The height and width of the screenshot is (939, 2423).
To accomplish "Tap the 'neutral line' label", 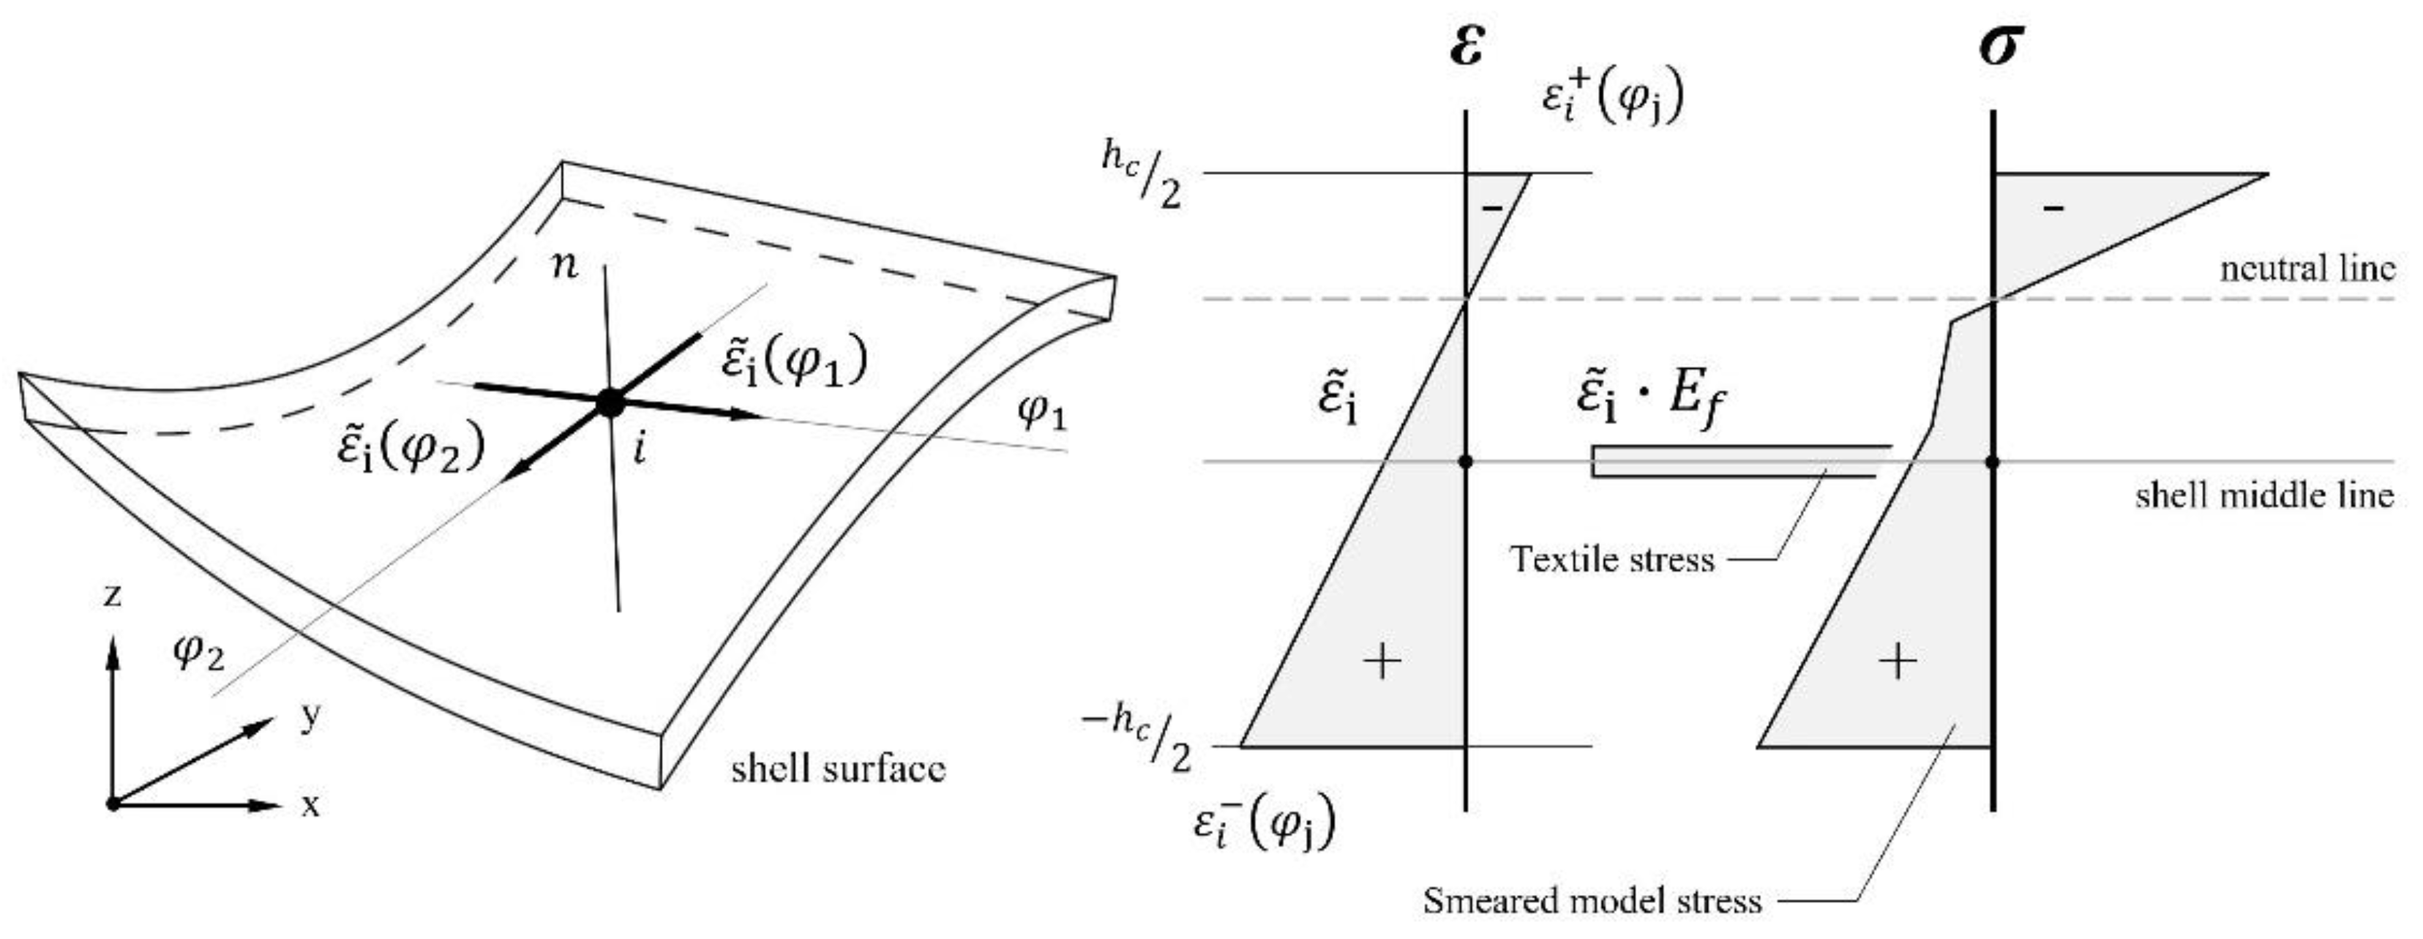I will [x=2307, y=270].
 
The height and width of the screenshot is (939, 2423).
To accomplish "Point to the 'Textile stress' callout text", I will [x=1612, y=560].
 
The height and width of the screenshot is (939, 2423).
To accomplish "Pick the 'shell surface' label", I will [x=838, y=770].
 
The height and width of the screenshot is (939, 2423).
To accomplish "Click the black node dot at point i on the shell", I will [x=610, y=403].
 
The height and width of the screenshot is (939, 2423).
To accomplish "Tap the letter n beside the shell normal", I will [x=565, y=267].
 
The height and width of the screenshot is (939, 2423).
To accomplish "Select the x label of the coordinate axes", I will [x=310, y=805].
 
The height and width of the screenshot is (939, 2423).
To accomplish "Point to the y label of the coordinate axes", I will [x=310, y=717].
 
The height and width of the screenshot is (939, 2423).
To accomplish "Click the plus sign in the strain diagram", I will [x=1382, y=662].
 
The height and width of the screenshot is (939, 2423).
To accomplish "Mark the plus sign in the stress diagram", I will [x=1898, y=662].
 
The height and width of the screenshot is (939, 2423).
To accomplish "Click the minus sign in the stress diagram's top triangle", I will [x=2055, y=207].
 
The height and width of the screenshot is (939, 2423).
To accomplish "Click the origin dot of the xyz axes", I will [x=113, y=804].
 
